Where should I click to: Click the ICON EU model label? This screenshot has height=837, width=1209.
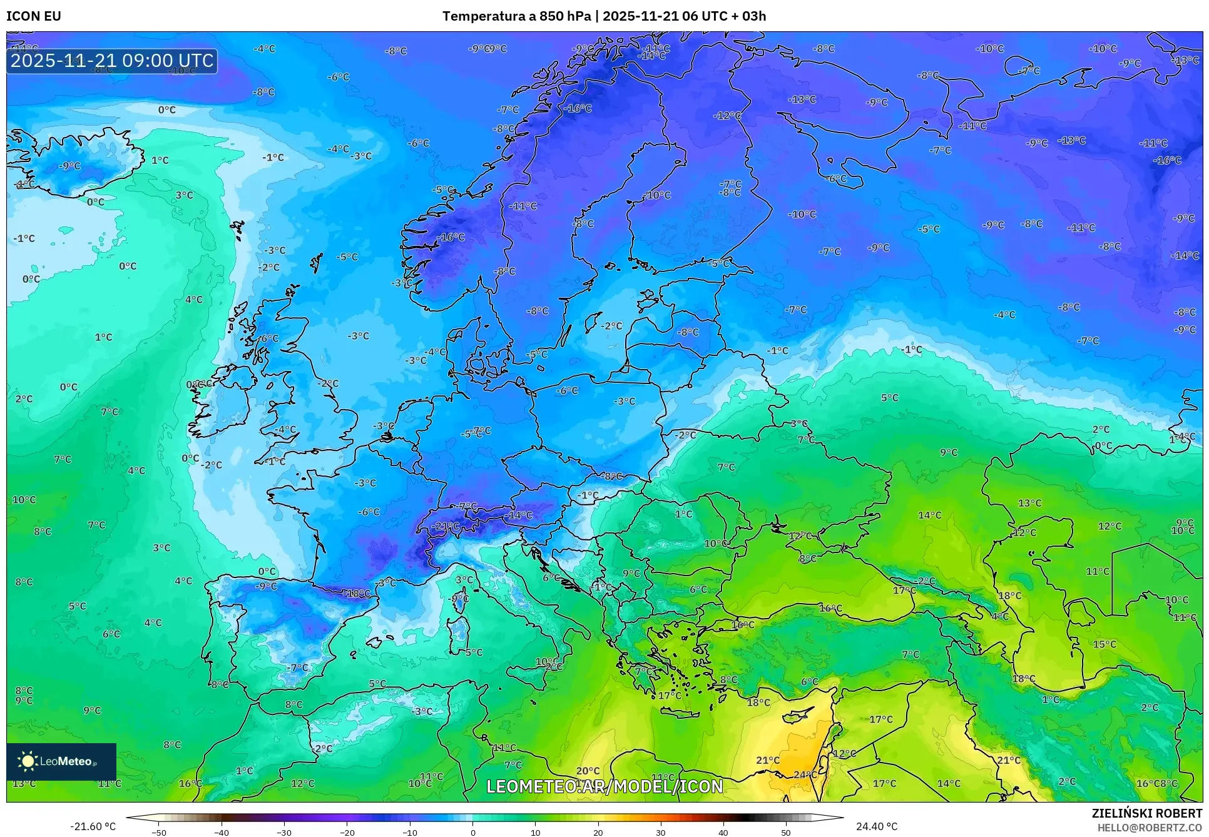point(34,16)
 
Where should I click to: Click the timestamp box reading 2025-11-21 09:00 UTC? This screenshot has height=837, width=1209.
point(112,61)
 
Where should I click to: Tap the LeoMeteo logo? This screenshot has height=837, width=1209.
point(61,761)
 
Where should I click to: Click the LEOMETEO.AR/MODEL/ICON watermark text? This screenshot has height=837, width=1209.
point(604,786)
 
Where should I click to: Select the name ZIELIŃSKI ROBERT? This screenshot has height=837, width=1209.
point(1146,813)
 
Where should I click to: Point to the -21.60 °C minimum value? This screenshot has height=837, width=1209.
point(93,826)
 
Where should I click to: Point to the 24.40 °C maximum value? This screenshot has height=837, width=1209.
point(876,826)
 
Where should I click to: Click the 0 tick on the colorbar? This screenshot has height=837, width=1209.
point(472,833)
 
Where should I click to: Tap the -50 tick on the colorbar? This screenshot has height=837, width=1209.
point(159,833)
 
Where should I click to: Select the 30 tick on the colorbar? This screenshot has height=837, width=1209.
point(660,833)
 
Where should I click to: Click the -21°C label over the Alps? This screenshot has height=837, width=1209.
point(446,526)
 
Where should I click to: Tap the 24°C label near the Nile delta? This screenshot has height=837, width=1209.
point(805,774)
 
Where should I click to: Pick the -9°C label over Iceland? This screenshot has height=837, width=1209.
point(70,166)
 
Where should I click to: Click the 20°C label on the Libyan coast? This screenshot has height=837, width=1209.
point(588,771)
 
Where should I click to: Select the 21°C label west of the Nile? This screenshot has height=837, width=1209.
point(767,760)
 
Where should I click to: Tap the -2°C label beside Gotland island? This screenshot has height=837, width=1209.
point(611,326)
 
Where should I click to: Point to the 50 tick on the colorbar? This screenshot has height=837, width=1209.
point(785,833)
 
